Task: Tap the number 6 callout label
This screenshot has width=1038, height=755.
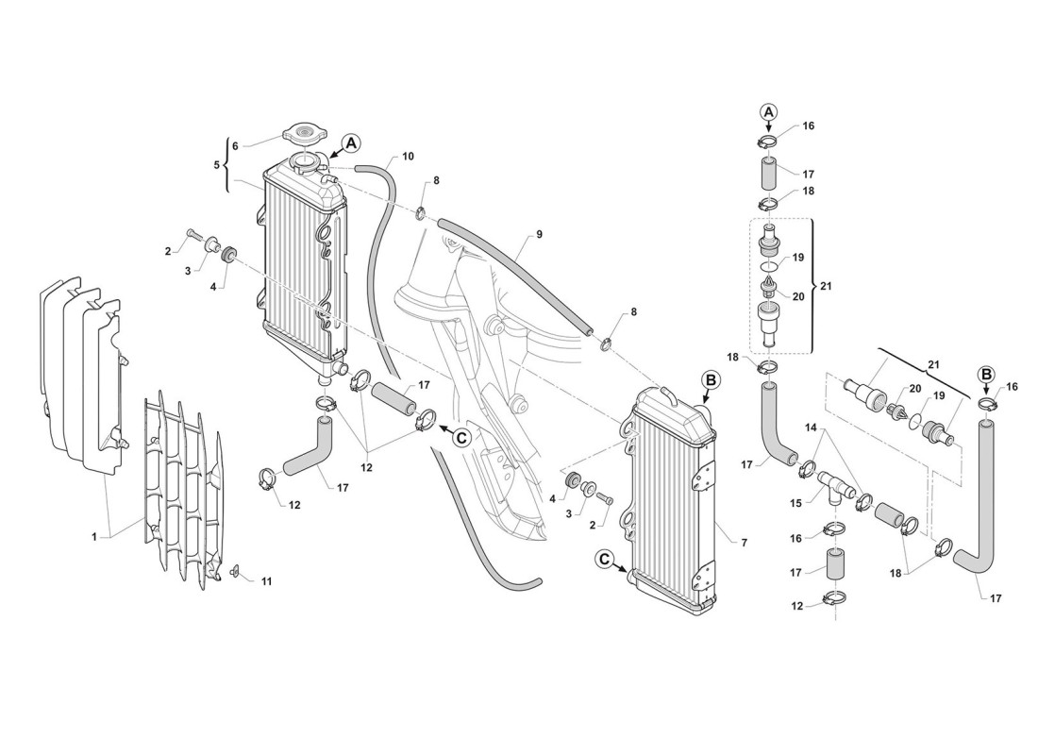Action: pyautogui.click(x=235, y=145)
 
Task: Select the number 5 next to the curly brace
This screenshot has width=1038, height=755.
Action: pyautogui.click(x=216, y=164)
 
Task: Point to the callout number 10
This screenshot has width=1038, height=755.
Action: pyautogui.click(x=408, y=157)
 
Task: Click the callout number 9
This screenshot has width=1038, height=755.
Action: pyautogui.click(x=540, y=234)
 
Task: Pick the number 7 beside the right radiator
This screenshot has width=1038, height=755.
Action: pyautogui.click(x=745, y=543)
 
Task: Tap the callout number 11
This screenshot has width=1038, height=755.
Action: pyautogui.click(x=266, y=581)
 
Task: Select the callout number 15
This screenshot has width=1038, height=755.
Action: pyautogui.click(x=795, y=503)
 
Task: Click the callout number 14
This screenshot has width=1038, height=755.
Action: pyautogui.click(x=811, y=428)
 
